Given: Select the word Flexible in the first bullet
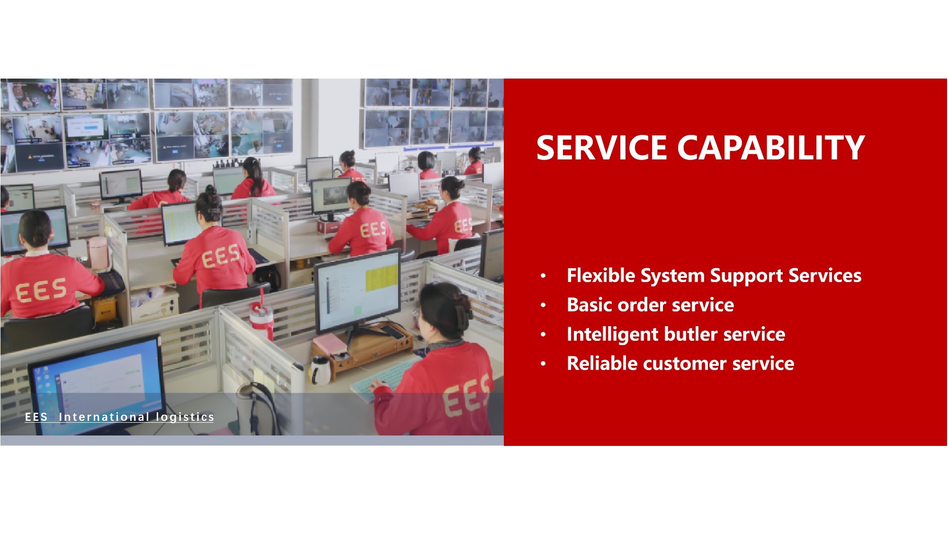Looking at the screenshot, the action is tap(601, 275).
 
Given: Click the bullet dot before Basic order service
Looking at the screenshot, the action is tap(543, 305).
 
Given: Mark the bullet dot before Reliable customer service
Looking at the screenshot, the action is tap(543, 364).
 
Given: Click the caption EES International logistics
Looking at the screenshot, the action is tap(119, 417).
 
